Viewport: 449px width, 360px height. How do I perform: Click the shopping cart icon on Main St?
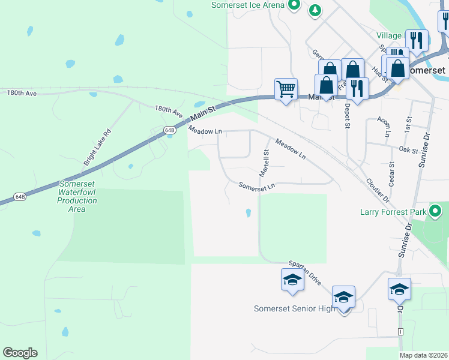point(286,89)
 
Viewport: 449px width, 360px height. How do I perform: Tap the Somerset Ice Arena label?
point(248,5)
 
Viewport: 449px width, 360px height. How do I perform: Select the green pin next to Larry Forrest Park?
point(435,211)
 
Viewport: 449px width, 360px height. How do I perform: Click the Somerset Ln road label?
point(256,187)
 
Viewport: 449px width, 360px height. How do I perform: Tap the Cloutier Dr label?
point(378,190)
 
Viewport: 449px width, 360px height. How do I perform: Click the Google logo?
point(20,353)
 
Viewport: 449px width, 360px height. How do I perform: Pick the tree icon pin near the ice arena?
point(315,10)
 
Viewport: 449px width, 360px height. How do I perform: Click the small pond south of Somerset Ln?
point(248,212)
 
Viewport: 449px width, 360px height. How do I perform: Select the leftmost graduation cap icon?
point(292,281)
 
